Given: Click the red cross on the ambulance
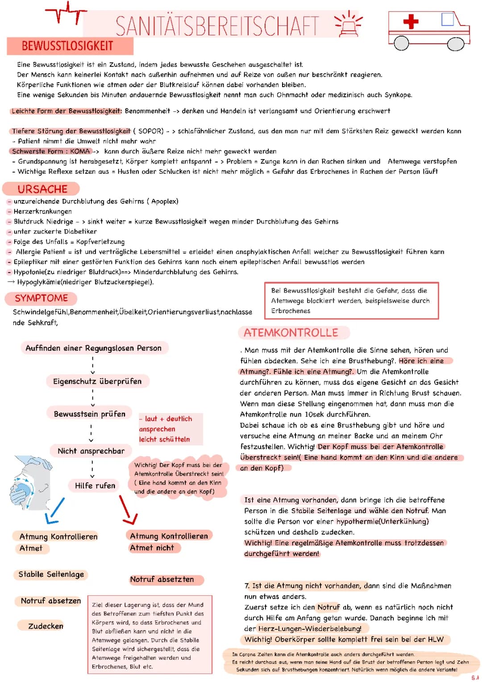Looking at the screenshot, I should pyautogui.click(x=410, y=21).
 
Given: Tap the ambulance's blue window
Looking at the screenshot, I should pyautogui.click(x=447, y=19).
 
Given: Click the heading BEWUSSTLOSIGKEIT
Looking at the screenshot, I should pyautogui.click(x=67, y=46).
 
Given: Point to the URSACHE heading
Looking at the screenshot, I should pyautogui.click(x=42, y=189).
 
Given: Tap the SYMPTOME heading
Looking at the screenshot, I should pyautogui.click(x=41, y=298).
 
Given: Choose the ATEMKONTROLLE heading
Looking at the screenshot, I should pyautogui.click(x=291, y=333).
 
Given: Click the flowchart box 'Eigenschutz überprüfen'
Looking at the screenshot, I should pyautogui.click(x=97, y=381).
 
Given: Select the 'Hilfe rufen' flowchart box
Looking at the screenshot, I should pyautogui.click(x=95, y=485).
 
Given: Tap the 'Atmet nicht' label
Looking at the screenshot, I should pyautogui.click(x=152, y=548).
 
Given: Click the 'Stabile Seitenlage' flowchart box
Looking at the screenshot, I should pyautogui.click(x=51, y=574).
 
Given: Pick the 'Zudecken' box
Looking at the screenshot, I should pyautogui.click(x=46, y=626).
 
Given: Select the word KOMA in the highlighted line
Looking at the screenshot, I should pyautogui.click(x=80, y=151).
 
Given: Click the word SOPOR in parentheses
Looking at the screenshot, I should pyautogui.click(x=151, y=131).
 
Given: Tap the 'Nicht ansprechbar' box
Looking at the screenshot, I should pyautogui.click(x=91, y=451).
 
